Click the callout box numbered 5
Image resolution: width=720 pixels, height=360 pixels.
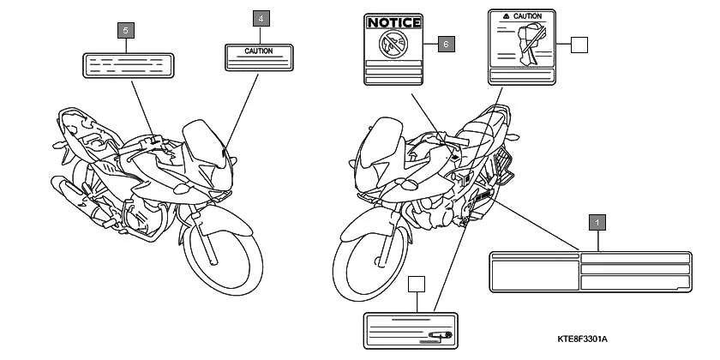point(126,31)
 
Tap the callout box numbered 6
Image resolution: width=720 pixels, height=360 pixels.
point(446,42)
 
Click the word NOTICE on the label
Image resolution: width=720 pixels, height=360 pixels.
point(394,22)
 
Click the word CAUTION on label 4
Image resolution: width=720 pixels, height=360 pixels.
point(259,51)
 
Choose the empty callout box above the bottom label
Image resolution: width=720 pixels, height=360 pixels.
point(417,285)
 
